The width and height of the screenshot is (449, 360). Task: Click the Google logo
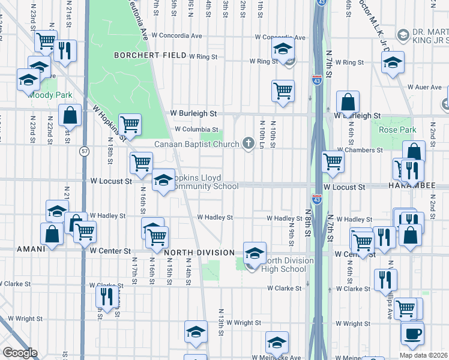(20, 353)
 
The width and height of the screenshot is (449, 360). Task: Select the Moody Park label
(51, 95)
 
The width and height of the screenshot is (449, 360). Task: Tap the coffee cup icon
(412, 334)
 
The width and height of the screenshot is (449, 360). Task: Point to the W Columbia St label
(196, 129)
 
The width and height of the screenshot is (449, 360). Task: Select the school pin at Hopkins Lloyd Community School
(163, 181)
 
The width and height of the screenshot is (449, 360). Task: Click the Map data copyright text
(423, 355)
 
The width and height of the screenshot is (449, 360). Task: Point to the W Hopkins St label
(108, 123)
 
